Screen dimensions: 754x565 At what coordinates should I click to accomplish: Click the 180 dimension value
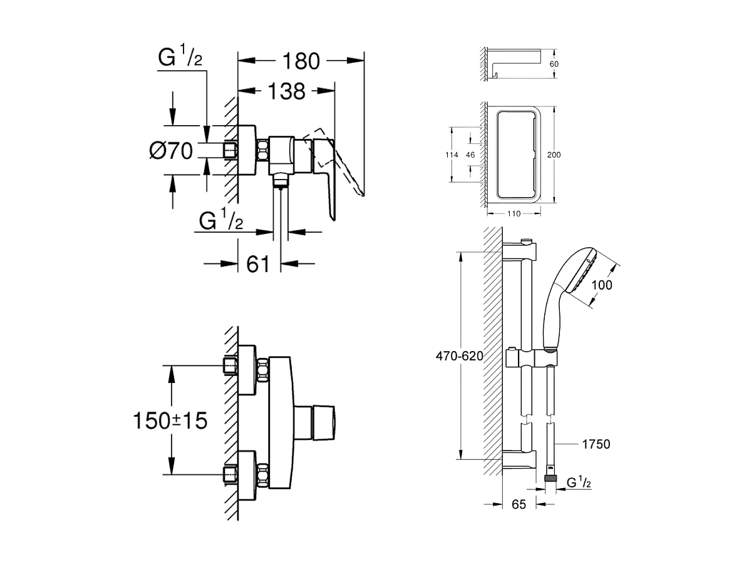(301, 61)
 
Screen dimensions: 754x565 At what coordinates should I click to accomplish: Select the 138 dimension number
(286, 91)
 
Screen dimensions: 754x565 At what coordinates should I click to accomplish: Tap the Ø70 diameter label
(171, 151)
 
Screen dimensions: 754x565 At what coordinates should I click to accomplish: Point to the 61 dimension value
(258, 264)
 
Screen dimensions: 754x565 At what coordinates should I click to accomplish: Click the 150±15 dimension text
(170, 421)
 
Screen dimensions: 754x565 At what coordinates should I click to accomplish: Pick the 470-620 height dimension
(460, 356)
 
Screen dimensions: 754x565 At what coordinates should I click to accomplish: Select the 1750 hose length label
(596, 444)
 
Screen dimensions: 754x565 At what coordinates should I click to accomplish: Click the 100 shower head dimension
(602, 285)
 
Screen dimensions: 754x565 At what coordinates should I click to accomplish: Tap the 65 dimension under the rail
(519, 504)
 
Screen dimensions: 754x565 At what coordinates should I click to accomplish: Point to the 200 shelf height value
(554, 155)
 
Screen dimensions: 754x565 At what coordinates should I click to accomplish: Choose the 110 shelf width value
(514, 214)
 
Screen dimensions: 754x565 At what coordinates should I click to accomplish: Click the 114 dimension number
(452, 155)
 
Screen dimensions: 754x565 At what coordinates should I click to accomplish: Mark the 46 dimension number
(470, 155)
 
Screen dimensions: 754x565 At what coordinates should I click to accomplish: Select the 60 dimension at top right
(554, 64)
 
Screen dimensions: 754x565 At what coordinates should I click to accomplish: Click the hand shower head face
(584, 271)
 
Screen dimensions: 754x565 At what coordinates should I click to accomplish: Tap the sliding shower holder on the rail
(531, 358)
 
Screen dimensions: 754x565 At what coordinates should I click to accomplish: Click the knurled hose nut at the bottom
(550, 479)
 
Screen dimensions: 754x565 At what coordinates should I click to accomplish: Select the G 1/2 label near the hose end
(579, 482)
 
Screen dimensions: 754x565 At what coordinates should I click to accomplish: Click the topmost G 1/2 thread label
(180, 55)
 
